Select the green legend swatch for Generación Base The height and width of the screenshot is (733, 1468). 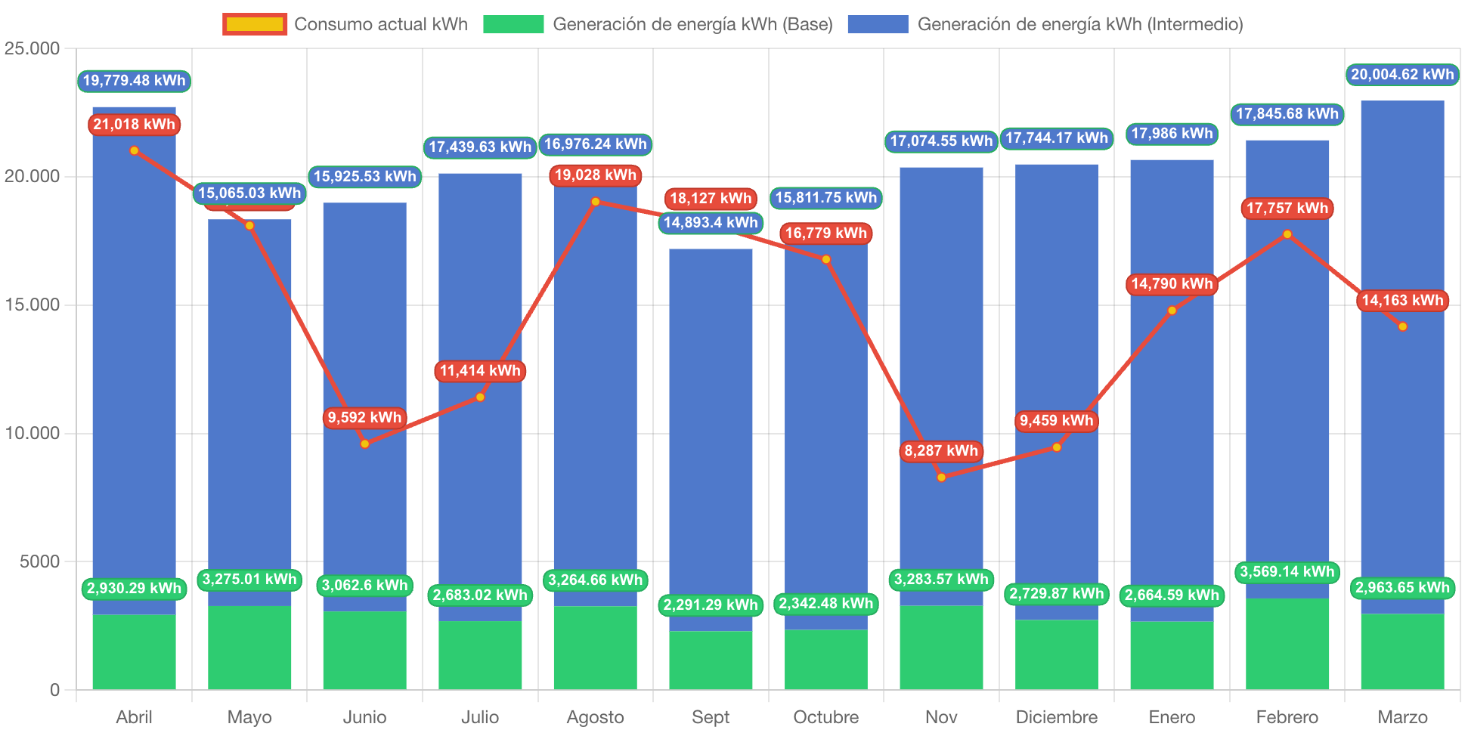pos(513,24)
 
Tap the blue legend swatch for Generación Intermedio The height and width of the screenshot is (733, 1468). pos(878,24)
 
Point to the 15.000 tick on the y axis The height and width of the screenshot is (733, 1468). pos(32,305)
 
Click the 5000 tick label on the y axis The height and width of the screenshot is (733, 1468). pos(39,561)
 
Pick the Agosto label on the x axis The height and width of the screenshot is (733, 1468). pos(595,716)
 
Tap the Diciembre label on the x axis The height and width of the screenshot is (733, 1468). pos(1056,716)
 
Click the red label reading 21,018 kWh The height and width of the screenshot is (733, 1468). pos(134,125)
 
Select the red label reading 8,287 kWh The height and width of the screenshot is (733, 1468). pos(941,451)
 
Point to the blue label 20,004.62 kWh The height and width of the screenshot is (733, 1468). pos(1402,74)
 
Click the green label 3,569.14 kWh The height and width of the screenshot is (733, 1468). pos(1287,572)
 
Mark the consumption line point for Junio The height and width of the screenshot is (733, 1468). pos(365,444)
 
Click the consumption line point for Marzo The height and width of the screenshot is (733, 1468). pos(1403,326)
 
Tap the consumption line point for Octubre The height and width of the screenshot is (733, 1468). pos(826,259)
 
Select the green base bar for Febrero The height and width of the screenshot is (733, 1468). pos(1287,644)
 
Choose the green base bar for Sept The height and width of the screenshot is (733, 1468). pos(711,660)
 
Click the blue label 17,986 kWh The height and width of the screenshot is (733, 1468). pos(1172,134)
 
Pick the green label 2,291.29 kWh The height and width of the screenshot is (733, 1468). pos(711,605)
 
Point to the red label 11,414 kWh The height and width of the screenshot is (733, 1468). pos(480,371)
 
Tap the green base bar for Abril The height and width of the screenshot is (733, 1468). pos(134,651)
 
